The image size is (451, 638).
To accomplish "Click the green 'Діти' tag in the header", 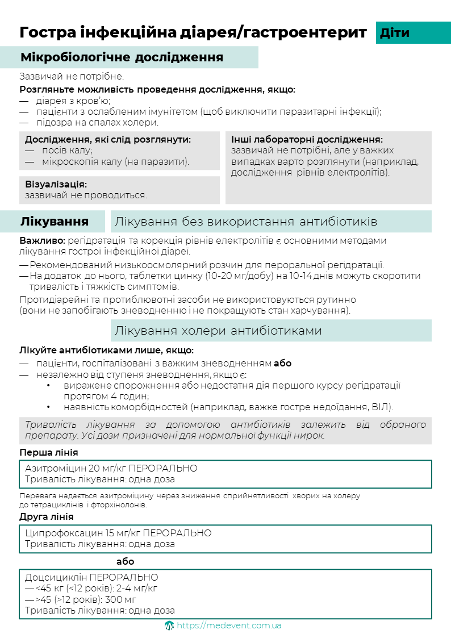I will [x=395, y=32].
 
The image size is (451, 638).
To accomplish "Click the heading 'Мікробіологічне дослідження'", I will [x=122, y=57].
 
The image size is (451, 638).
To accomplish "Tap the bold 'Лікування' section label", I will [x=55, y=221].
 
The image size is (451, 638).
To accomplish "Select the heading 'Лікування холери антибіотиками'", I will [x=218, y=330].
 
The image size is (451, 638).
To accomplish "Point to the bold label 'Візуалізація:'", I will [x=56, y=185].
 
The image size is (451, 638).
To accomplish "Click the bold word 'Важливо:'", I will [x=37, y=241].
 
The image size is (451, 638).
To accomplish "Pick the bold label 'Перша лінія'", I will [x=49, y=452].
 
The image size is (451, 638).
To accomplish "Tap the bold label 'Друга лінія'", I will [x=47, y=516].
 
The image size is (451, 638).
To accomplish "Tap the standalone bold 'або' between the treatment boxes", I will [x=125, y=561].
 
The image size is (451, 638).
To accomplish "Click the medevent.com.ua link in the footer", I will [x=229, y=626].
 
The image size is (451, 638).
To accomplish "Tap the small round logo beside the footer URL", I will [x=169, y=626].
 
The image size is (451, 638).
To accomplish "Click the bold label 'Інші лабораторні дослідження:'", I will [x=307, y=139].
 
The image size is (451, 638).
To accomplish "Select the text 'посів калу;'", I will [x=67, y=151].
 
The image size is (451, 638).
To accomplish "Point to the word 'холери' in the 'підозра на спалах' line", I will [x=142, y=122].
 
